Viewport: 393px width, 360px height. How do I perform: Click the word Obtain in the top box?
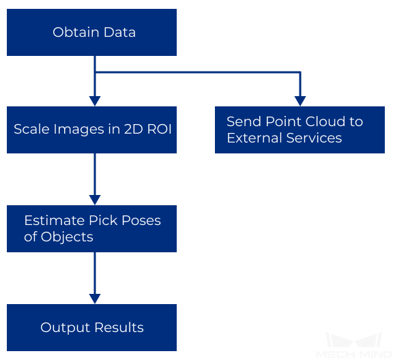point(76,32)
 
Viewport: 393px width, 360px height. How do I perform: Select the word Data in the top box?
point(120,32)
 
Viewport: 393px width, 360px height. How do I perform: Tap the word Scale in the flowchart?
point(31,130)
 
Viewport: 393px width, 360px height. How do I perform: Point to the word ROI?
point(160,130)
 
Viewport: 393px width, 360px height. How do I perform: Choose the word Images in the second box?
point(79,130)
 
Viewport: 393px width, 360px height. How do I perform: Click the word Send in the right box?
point(244,121)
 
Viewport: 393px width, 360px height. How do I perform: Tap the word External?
point(254,138)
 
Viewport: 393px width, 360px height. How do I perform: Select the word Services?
point(314,138)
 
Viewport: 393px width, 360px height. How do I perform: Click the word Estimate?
point(55,220)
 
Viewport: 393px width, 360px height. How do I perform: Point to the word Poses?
point(141,220)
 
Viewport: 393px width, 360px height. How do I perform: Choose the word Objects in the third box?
point(67,237)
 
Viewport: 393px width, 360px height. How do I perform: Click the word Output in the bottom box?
point(65,328)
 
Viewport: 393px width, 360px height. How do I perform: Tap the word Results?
point(119,327)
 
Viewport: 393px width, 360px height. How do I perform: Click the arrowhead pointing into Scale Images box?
point(95,101)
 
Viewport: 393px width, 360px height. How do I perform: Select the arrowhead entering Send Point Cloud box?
point(300,101)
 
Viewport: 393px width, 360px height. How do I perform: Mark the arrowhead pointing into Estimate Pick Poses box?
point(95,200)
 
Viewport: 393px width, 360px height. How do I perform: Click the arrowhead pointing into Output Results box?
point(95,299)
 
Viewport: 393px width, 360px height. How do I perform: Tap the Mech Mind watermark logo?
point(354,345)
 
